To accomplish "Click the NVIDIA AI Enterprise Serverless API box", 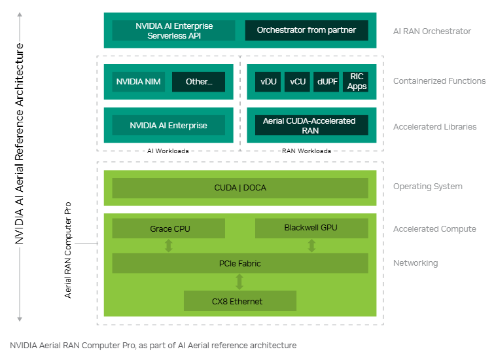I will pyautogui.click(x=174, y=31).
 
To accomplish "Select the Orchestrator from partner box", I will pyautogui.click(x=306, y=31).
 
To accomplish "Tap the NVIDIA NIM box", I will pyautogui.click(x=138, y=82).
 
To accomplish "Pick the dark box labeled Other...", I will pyautogui.click(x=198, y=82).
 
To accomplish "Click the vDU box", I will pyautogui.click(x=268, y=82).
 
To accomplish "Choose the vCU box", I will pyautogui.click(x=298, y=82).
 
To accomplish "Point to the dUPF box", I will pyautogui.click(x=326, y=82).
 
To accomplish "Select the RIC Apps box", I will pyautogui.click(x=357, y=82).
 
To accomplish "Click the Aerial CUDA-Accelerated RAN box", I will pyautogui.click(x=306, y=125).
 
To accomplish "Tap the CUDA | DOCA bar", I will pyautogui.click(x=240, y=188).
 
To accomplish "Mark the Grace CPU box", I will pyautogui.click(x=169, y=228).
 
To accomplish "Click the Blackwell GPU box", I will pyautogui.click(x=311, y=228).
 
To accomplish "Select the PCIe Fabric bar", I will pyautogui.click(x=240, y=263).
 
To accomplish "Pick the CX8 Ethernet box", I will pyautogui.click(x=240, y=301).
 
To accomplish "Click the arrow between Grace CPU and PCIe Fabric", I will pyautogui.click(x=169, y=245).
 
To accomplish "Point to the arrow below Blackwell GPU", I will pyautogui.click(x=311, y=245).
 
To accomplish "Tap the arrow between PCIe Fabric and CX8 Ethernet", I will pyautogui.click(x=240, y=281).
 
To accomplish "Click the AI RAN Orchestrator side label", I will pyautogui.click(x=432, y=31).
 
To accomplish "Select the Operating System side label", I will pyautogui.click(x=427, y=187).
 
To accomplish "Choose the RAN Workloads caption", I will pyautogui.click(x=306, y=151).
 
